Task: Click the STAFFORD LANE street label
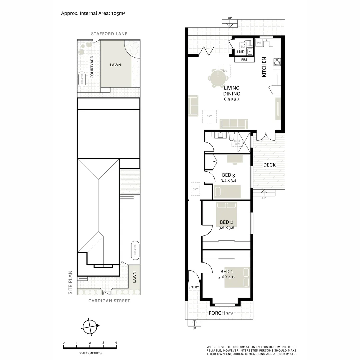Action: [109, 34]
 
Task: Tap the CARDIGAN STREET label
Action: [109, 301]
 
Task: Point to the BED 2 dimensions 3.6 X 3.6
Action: [226, 228]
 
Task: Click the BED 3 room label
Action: [228, 175]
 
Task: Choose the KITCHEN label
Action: [264, 67]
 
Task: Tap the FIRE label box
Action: [244, 60]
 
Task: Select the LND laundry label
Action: [240, 52]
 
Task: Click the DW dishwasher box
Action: [259, 43]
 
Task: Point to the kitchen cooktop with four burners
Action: [277, 61]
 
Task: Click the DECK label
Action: [269, 165]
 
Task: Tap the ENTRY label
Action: [193, 287]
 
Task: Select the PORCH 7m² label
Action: [221, 313]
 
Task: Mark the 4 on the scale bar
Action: [116, 343]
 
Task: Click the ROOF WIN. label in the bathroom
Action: [237, 142]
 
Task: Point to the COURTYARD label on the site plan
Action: [92, 67]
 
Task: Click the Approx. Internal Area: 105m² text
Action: [93, 13]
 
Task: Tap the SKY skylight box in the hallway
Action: [195, 189]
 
